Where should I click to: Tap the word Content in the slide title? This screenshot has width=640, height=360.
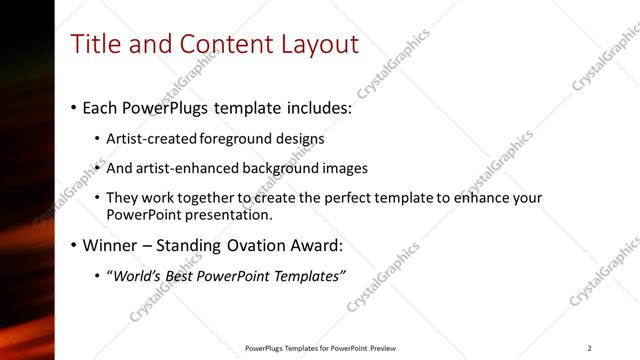(x=221, y=44)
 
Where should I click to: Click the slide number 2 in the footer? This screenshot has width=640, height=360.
(x=590, y=348)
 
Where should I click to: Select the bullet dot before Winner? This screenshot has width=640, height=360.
(x=74, y=245)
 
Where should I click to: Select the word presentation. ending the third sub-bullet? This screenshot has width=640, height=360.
(x=230, y=215)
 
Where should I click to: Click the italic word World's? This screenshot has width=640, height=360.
(x=139, y=276)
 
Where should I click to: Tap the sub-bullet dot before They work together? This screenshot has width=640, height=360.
(x=97, y=198)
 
